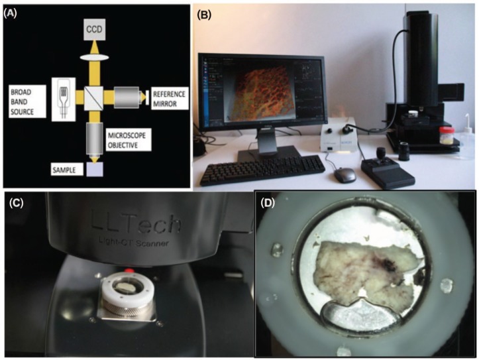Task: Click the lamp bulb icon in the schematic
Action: click(x=64, y=97)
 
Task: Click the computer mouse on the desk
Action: click(x=342, y=174)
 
